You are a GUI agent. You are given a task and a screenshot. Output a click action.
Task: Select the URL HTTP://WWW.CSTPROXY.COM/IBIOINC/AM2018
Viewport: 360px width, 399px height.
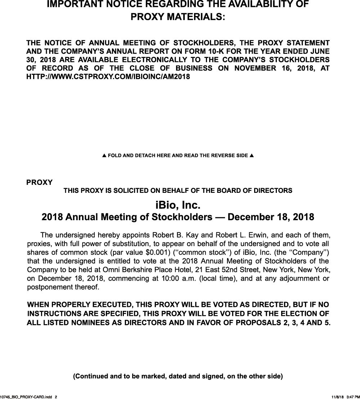coord(108,77)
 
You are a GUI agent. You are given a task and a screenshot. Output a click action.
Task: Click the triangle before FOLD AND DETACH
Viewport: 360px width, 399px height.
coord(104,156)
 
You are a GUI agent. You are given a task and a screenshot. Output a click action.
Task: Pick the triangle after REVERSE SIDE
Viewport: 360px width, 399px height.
coord(252,156)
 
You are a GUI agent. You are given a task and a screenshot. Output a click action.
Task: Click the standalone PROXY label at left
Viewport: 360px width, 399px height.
coord(39,182)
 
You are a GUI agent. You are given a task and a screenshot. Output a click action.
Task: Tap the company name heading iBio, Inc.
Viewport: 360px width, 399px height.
coord(178,205)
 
